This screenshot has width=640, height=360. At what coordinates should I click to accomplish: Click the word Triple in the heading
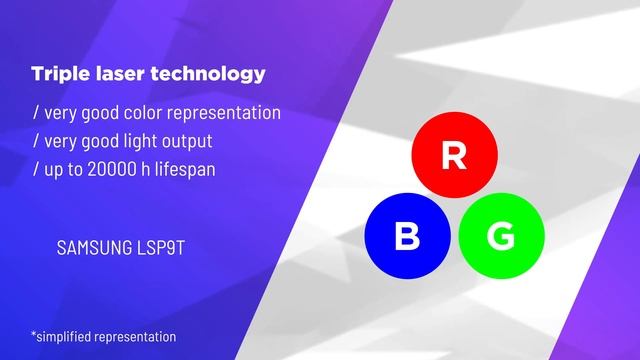pos(58,75)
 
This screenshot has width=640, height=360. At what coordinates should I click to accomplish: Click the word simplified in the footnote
pos(66,337)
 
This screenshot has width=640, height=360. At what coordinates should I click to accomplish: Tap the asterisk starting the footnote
pos(34,335)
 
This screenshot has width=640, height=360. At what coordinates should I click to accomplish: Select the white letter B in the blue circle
pos(407,237)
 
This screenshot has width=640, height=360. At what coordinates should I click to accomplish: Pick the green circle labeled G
pos(501,237)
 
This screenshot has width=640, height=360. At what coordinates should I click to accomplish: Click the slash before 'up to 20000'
pos(36,168)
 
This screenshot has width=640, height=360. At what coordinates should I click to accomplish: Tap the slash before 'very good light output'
pos(36,140)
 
